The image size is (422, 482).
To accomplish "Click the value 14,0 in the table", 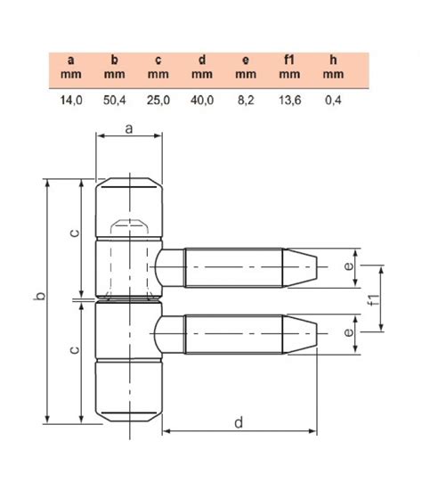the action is (x=71, y=100).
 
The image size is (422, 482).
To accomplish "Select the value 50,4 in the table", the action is (x=115, y=100).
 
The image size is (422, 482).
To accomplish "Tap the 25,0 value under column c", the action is (x=158, y=100).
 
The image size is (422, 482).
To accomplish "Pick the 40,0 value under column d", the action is (x=202, y=100).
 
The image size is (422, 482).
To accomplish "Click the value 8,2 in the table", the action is (x=246, y=100).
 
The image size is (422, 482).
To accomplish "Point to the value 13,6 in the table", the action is (x=289, y=100).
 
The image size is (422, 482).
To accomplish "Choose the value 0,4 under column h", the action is (x=333, y=100).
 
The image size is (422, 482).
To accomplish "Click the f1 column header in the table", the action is (x=289, y=60).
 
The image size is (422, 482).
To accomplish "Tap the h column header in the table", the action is (x=333, y=60).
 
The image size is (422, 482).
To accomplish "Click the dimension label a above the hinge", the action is (x=129, y=129).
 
